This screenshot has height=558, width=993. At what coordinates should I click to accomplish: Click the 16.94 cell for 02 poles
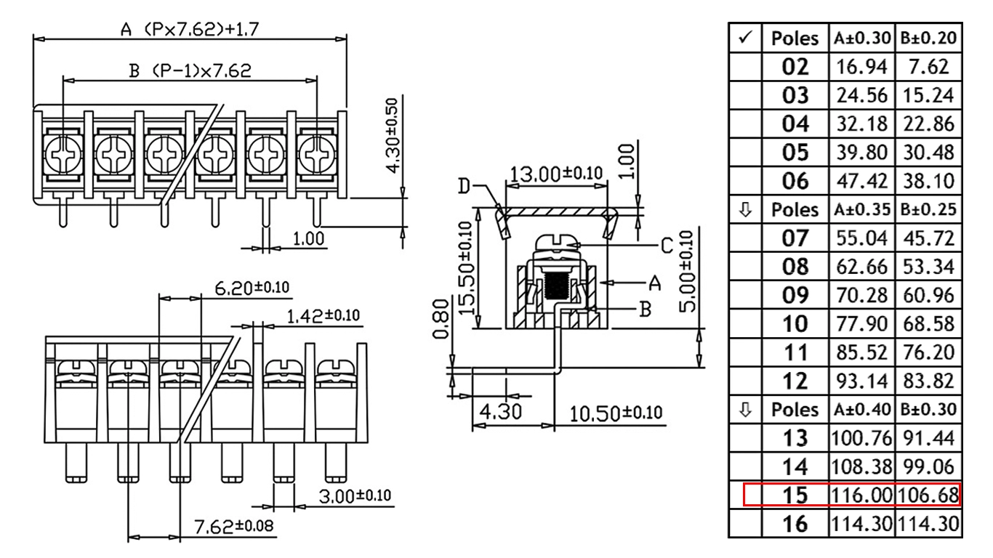861,67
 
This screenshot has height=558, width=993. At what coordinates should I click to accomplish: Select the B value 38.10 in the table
928,181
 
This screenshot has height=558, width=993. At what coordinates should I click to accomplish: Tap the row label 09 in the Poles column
795,295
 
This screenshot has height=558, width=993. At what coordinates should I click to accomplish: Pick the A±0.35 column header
861,209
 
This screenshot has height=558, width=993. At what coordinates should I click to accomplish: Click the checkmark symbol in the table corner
746,37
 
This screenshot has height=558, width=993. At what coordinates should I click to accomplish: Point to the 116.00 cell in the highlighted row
861,495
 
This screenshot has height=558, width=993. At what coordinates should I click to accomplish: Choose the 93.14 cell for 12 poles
861,381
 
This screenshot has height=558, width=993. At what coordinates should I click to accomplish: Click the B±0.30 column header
928,409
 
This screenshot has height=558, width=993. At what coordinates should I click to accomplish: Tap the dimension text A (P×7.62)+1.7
190,29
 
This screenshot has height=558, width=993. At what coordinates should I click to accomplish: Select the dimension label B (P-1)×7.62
190,70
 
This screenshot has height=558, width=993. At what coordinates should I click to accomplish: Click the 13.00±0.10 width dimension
556,174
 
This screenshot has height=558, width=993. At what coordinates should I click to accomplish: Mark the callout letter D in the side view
464,186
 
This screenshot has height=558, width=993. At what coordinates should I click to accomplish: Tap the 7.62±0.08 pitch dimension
234,526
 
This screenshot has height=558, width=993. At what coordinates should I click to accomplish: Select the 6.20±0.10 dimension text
252,288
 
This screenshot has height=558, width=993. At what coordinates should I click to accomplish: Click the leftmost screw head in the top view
63,155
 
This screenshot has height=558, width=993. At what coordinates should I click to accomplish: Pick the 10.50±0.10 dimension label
615,413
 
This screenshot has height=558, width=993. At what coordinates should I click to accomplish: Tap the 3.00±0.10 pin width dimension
355,496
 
